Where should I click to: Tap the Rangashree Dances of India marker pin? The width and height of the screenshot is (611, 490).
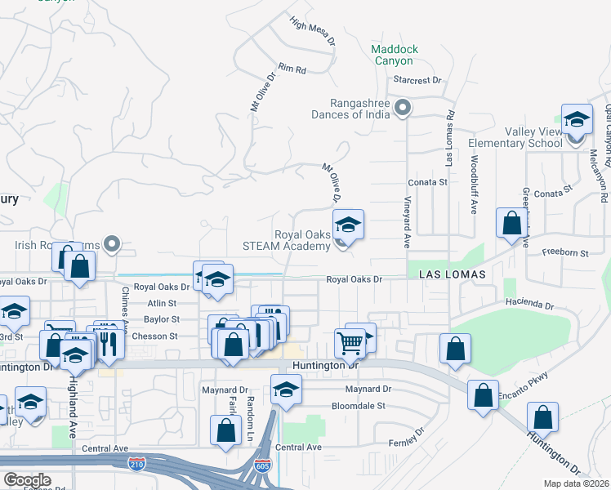tap(402, 107)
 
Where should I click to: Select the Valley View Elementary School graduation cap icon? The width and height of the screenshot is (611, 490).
tap(577, 119)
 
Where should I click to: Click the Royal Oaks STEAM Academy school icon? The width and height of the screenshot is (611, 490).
tap(348, 225)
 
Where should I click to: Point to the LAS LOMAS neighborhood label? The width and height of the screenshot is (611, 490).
tap(453, 275)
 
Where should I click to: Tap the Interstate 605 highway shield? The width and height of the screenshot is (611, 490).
tap(262, 465)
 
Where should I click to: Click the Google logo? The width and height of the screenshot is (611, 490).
tap(27, 480)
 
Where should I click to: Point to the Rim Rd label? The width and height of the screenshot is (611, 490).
tap(291, 69)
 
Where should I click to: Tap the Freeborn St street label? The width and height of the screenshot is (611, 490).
tap(567, 254)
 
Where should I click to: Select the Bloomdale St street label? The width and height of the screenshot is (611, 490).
tap(363, 406)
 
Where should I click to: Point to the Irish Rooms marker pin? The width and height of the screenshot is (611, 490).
tap(114, 243)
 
